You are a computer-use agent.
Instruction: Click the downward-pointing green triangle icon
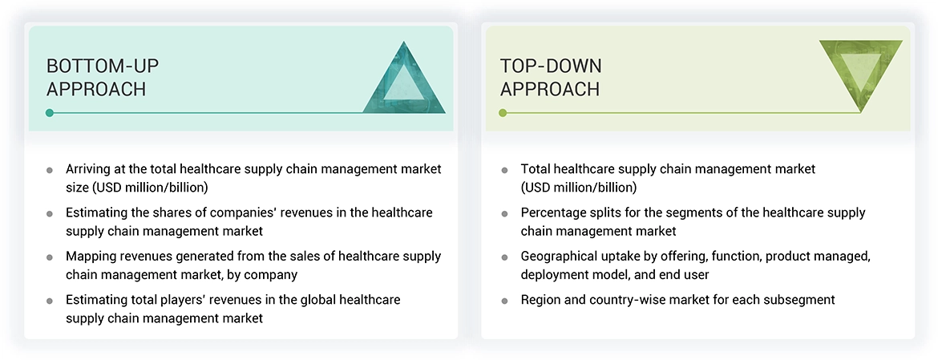pos(860,74)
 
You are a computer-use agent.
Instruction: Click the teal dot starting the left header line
pos(50,113)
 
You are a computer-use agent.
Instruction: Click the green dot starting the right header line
pos(503,113)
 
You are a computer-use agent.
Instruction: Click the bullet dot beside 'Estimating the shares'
pos(50,214)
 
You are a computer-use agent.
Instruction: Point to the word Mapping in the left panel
pos(91,257)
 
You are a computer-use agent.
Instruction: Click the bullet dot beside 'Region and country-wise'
pos(504,301)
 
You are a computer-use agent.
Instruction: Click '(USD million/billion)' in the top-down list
pos(579,188)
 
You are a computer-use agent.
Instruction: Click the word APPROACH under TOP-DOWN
pos(550,89)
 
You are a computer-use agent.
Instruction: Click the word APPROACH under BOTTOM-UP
pos(96,89)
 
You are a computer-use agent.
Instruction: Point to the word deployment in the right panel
pos(554,274)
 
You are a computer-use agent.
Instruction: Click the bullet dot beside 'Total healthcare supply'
pos(504,170)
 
